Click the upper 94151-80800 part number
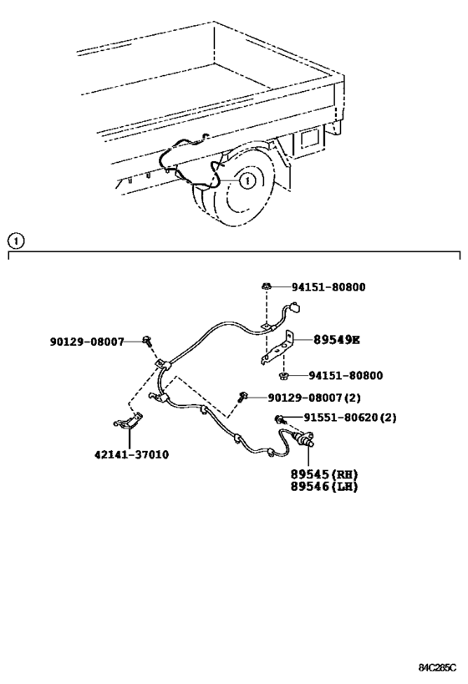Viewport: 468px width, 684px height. (328, 287)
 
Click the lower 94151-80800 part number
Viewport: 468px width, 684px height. (346, 376)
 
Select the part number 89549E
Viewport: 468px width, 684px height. (337, 340)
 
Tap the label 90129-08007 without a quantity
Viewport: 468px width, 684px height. (87, 342)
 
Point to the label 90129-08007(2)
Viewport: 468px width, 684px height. (314, 398)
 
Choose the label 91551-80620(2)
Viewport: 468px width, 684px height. (350, 418)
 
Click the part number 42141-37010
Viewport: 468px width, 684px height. (131, 454)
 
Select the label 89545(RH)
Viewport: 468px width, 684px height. (324, 474)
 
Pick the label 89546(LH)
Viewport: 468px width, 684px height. (324, 486)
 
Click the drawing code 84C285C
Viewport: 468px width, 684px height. (437, 668)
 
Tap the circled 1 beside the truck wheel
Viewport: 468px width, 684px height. (247, 180)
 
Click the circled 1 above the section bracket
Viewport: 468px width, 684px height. (16, 241)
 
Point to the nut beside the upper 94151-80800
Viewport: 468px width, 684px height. (266, 286)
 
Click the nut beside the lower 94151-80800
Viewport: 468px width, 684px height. (283, 375)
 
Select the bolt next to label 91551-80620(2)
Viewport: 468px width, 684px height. (279, 419)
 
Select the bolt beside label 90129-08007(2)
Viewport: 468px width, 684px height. (242, 397)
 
